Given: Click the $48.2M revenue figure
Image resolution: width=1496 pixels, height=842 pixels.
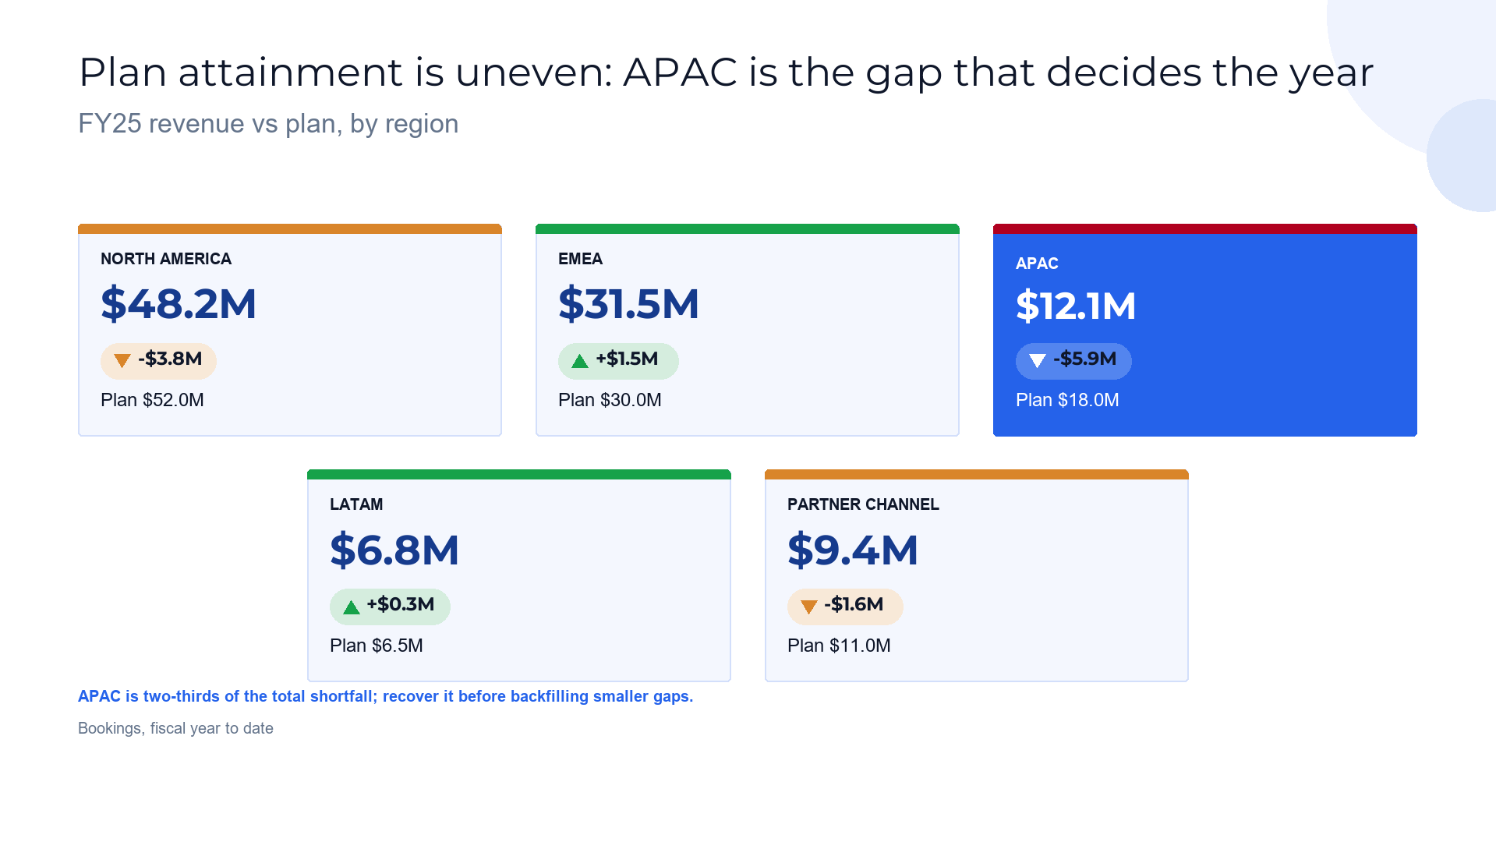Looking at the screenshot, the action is pos(179,304).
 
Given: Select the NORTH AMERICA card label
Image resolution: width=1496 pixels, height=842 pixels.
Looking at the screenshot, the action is pos(166,259).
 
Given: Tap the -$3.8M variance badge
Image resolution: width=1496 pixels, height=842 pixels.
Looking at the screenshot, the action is pos(158,361).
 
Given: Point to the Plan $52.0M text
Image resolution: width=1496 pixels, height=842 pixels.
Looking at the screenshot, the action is pos(152,400).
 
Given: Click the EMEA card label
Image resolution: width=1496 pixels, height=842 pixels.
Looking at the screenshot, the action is pos(580,259).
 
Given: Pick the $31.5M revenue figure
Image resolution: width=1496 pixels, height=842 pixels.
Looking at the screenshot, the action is pos(628,304).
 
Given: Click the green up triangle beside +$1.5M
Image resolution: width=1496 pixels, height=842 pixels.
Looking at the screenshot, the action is pos(580,361).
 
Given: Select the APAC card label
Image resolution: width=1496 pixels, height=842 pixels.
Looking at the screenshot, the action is pos(1037,264).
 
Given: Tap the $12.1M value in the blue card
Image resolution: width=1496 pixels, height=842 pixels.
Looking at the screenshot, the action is pos(1076,306).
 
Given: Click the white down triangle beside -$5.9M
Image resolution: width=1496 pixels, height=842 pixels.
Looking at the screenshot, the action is pos(1038,360).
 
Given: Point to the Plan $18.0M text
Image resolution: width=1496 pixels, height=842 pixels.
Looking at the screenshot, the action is pos(1067,400).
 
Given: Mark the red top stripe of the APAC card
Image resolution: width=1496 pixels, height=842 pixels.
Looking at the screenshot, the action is pos(1205,229).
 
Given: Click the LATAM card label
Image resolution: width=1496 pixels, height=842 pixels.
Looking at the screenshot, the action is pos(356,504).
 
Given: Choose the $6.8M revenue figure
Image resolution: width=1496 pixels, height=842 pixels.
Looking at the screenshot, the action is pos(394,550).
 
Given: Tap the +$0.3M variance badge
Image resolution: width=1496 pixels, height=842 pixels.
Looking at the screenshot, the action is pos(390,607).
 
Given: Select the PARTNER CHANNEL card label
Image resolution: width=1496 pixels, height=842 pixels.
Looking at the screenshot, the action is pos(863,504).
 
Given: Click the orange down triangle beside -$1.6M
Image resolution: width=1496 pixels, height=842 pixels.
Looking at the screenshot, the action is pos(809,607).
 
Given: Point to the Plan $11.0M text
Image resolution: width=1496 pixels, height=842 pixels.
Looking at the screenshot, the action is pos(839,646).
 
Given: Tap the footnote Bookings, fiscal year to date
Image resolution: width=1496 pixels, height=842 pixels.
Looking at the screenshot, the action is pos(175,728).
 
